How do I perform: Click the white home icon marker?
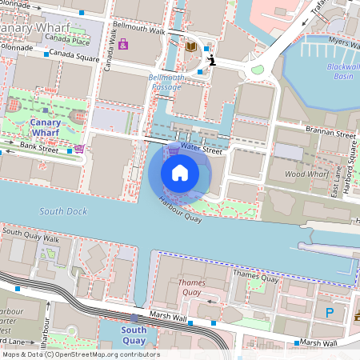tap(180, 173)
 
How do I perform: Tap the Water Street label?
tap(201, 149)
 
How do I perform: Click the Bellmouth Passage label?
tap(166, 82)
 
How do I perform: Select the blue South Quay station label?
tap(134, 336)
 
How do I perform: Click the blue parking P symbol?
tap(329, 312)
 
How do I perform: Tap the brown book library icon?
tap(190, 47)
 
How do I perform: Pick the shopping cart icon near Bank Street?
tap(79, 149)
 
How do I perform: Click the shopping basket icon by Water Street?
tap(174, 150)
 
